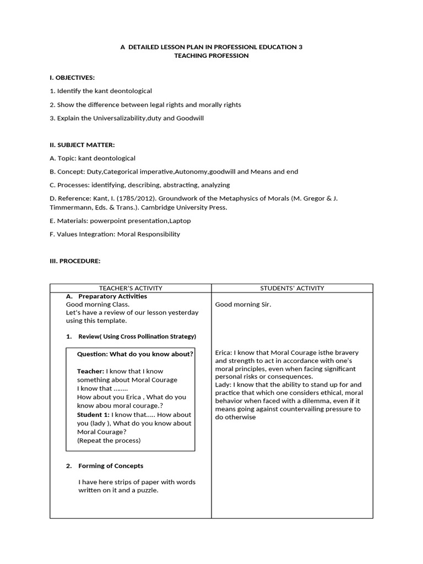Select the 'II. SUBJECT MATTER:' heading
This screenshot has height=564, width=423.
pyautogui.click(x=82, y=145)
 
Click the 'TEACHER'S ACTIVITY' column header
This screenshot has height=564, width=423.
pyautogui.click(x=131, y=288)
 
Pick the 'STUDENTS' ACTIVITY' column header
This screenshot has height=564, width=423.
pyautogui.click(x=292, y=288)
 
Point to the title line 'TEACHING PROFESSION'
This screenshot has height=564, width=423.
pyautogui.click(x=211, y=56)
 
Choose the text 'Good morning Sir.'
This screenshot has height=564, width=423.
pyautogui.click(x=243, y=304)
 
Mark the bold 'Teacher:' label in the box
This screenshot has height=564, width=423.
pyautogui.click(x=90, y=371)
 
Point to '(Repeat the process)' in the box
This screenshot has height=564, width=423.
pyautogui.click(x=109, y=441)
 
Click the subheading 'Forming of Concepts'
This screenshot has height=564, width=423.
pyautogui.click(x=111, y=466)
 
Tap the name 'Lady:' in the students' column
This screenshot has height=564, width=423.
pyautogui.click(x=223, y=384)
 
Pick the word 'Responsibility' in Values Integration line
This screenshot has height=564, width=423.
pyautogui.click(x=160, y=234)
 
